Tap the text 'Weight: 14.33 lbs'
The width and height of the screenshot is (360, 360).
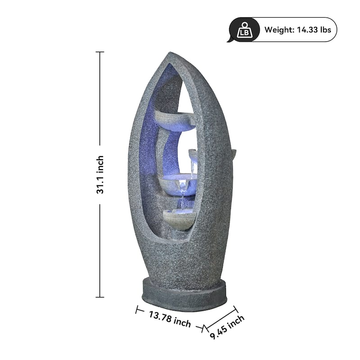point(297,30)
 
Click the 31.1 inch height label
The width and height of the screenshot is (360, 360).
point(100,175)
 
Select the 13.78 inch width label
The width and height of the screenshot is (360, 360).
point(170,319)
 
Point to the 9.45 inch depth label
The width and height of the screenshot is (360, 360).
point(227,327)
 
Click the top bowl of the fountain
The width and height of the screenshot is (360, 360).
point(175,121)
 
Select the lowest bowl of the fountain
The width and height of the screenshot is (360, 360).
point(180,220)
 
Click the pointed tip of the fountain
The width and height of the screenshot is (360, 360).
point(170,53)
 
